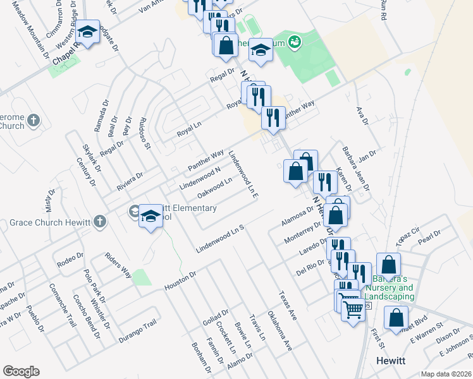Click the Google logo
[x=21, y=371]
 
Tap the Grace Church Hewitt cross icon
[x=99, y=221]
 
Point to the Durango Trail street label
[x=137, y=332]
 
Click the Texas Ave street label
[x=287, y=305]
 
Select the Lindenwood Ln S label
[x=219, y=239]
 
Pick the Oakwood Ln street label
[x=215, y=187]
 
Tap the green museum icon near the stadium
[x=293, y=42]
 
